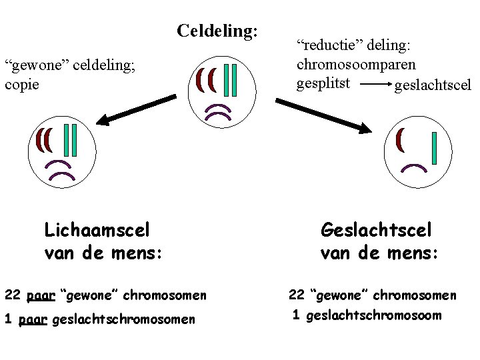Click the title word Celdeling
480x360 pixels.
pyautogui.click(x=217, y=31)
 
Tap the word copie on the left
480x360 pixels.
pyautogui.click(x=22, y=85)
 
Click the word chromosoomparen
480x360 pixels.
pyautogui.click(x=356, y=65)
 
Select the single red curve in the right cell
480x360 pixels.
pyautogui.click(x=400, y=139)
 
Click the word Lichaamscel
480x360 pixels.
pyautogui.click(x=97, y=231)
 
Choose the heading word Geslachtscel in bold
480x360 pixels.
pyautogui.click(x=376, y=231)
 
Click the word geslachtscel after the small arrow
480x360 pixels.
pyautogui.click(x=433, y=85)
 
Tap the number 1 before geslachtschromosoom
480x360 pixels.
pyautogui.click(x=295, y=315)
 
